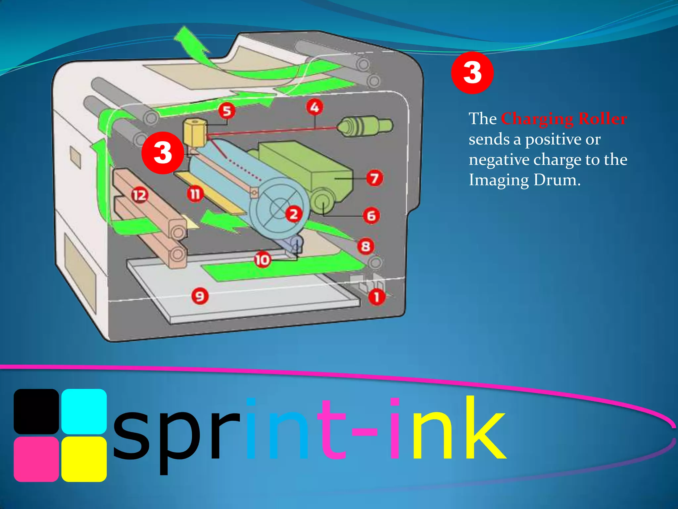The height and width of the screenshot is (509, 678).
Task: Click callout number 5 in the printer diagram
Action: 227,111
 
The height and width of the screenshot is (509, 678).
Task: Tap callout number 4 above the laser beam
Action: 315,107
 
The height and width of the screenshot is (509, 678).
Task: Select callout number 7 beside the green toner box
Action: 375,178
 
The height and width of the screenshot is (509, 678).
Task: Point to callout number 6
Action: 371,216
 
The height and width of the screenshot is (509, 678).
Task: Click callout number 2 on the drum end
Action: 294,214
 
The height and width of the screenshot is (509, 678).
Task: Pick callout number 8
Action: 365,246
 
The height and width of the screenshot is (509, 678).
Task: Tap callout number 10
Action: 262,260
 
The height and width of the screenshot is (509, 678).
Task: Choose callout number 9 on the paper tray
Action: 200,296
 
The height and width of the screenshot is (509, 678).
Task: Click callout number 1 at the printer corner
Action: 377,297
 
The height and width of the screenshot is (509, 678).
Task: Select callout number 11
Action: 195,194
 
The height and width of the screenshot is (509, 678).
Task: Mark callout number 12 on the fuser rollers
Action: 139,195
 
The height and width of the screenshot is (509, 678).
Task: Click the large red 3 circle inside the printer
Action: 163,153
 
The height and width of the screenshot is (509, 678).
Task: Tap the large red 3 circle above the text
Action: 472,73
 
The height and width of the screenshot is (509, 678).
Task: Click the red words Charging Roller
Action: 564,119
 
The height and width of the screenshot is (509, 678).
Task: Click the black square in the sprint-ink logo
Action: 36,411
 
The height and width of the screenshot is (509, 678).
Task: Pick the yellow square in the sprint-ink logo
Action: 84,459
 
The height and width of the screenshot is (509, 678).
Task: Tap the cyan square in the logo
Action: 84,411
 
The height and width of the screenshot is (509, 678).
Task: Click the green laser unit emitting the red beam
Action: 364,126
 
